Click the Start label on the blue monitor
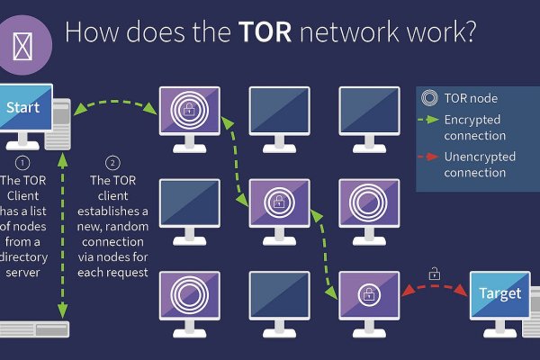(x=23, y=107)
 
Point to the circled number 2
(x=112, y=163)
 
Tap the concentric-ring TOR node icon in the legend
(x=429, y=98)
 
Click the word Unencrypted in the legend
(x=480, y=157)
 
